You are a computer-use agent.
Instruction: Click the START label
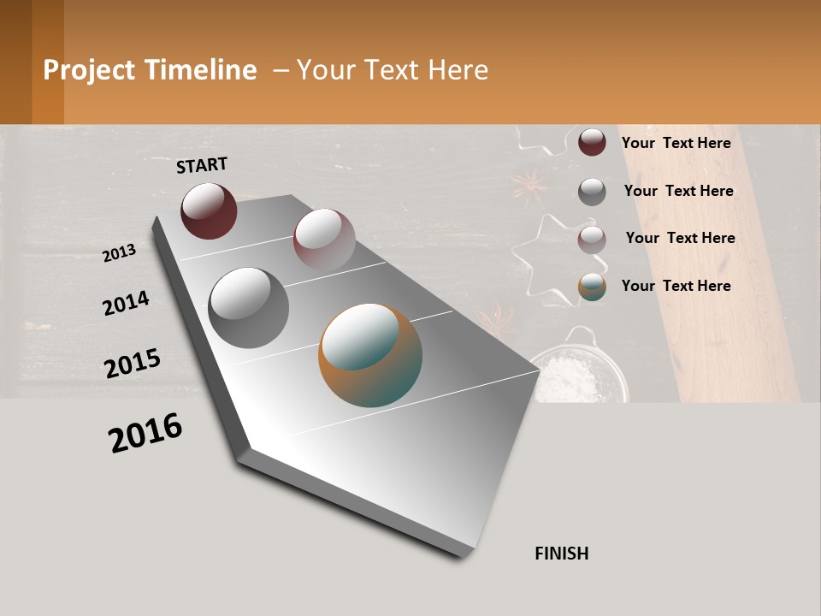point(202,165)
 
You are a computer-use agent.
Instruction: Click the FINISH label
point(561,554)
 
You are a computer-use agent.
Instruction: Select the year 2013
point(119,253)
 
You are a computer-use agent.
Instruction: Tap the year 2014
point(126,303)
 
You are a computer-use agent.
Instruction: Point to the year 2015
point(133,364)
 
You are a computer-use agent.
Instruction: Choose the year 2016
point(145,433)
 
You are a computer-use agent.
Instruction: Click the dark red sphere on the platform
point(209,210)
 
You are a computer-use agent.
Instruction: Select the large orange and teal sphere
point(370,355)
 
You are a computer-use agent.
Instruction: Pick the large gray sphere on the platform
point(249,308)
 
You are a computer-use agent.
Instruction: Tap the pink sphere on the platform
point(324,240)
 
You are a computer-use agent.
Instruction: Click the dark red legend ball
point(592,142)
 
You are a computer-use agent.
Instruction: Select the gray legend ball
point(592,192)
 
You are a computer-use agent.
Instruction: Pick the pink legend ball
point(592,240)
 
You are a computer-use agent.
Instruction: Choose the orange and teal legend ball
point(592,287)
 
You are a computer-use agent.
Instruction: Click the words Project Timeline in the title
point(150,70)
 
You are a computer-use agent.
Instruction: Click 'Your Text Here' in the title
point(393,70)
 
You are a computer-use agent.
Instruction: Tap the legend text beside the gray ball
point(678,191)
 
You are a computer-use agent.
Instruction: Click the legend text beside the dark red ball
point(676,143)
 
